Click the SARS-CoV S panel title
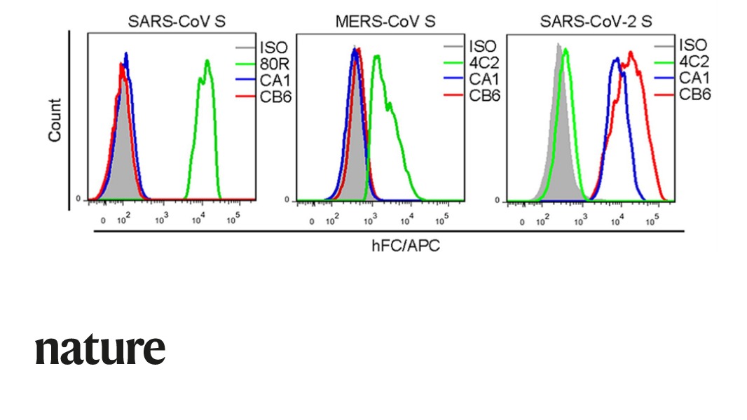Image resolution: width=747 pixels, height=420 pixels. click(177, 22)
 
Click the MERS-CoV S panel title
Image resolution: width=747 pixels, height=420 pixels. click(385, 22)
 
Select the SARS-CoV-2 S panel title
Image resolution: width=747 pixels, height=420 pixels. click(596, 22)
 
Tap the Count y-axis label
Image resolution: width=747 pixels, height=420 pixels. click(55, 120)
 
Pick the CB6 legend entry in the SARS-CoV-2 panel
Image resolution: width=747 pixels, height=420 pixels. click(694, 94)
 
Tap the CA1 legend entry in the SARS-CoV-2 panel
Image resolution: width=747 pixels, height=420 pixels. click(694, 78)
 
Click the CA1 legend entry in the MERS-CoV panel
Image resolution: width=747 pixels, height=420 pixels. click(484, 78)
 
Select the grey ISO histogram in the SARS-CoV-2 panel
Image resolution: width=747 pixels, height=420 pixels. click(558, 140)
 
